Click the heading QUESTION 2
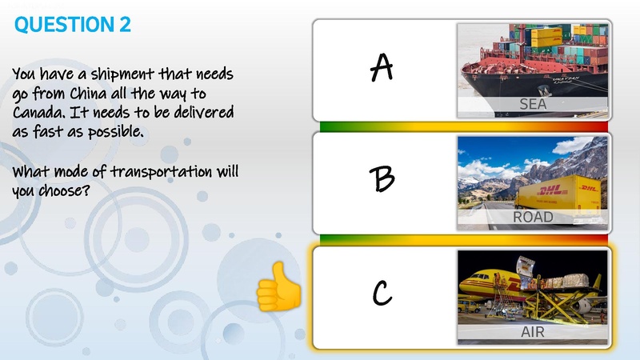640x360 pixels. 73,25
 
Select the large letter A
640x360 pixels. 382,69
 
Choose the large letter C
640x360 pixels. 382,294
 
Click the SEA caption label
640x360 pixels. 532,105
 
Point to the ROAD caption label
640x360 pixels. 533,217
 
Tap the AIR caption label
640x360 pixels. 533,331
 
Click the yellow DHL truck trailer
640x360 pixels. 559,193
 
